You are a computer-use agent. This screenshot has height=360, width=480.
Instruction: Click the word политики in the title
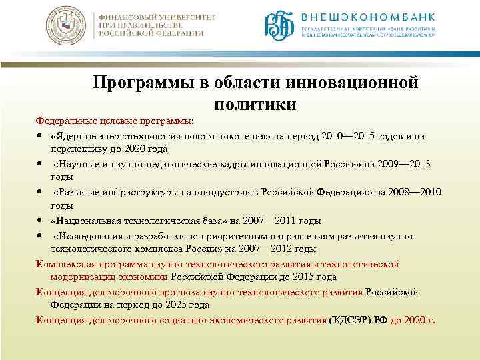(x=255, y=104)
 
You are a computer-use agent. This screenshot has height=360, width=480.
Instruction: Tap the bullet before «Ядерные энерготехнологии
(x=41, y=136)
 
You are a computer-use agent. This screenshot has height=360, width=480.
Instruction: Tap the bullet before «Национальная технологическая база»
(x=41, y=220)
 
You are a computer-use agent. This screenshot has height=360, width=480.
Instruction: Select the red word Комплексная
(x=67, y=263)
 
